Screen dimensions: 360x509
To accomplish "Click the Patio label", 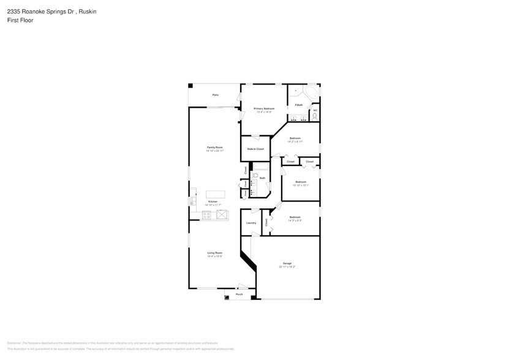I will (x=215, y=95).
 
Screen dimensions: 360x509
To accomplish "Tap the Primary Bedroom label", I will (x=264, y=108).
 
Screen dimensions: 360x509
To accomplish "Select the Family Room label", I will (x=214, y=148).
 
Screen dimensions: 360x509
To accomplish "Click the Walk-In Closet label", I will (x=255, y=149).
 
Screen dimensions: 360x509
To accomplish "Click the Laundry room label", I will (x=251, y=222).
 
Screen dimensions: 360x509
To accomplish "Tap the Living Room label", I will (x=214, y=253).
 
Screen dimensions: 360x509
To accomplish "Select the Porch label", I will (x=239, y=294).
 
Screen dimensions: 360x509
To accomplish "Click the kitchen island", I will (x=215, y=194).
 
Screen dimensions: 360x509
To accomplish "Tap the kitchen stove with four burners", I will (x=207, y=214).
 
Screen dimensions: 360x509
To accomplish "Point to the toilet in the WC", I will (x=314, y=116).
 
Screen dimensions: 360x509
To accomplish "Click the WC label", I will (x=315, y=110).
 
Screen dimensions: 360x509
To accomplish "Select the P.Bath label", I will (x=298, y=105).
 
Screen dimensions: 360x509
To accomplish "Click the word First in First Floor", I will (x=12, y=20).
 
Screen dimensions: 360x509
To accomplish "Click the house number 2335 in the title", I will (x=13, y=11).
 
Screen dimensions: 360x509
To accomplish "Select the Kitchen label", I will (x=213, y=201).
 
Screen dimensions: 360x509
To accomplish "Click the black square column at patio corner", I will (x=190, y=85).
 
